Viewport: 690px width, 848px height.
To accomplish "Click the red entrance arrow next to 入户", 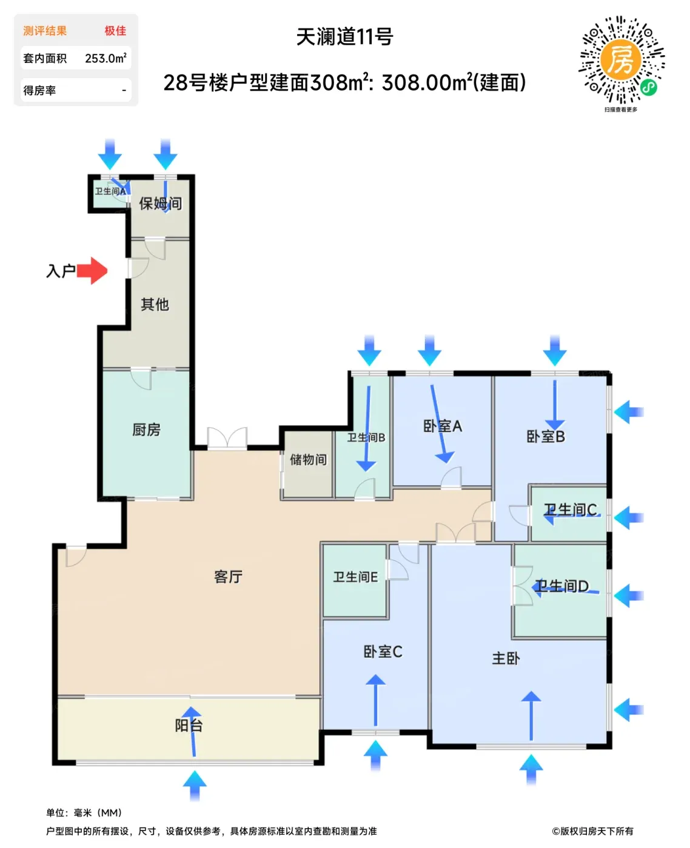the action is point(92,271).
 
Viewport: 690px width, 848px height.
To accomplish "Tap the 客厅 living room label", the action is point(228,577).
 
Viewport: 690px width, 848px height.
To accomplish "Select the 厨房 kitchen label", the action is point(146,430).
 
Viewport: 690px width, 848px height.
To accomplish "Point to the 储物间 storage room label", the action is point(308,460).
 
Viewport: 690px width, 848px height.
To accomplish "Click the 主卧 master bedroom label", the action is point(506,658).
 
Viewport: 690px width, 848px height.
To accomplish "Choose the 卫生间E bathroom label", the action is point(355,577).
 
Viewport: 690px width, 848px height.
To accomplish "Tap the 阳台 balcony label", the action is point(189,726).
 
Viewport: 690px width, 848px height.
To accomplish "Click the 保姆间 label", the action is point(161,204).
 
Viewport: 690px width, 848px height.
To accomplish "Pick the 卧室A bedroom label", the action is point(443,426).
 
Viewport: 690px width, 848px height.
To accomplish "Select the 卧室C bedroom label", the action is point(383,652).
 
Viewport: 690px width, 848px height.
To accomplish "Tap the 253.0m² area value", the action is point(106,58).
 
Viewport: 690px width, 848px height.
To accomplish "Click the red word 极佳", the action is point(115,31).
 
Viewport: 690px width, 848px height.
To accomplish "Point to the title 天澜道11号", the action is point(345,36).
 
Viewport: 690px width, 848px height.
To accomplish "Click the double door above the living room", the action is point(227,438).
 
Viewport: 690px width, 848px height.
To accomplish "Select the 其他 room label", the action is point(155,305).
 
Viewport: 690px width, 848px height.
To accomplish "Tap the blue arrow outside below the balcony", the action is point(195,786).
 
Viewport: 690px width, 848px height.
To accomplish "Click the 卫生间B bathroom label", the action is point(366,438).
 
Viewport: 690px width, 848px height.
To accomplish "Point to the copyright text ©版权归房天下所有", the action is point(592,831).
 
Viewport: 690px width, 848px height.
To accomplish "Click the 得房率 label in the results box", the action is point(39,91).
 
